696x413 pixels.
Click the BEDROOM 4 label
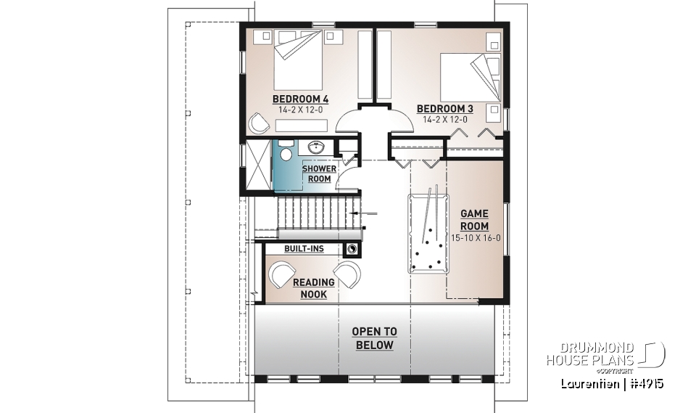click(x=300, y=99)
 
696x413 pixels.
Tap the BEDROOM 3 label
click(x=444, y=109)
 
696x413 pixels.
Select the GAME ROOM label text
click(x=475, y=220)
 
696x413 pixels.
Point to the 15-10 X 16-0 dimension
click(x=475, y=237)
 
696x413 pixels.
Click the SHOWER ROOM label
click(x=319, y=173)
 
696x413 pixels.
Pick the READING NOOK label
click(x=313, y=288)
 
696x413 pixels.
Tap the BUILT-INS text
click(x=303, y=249)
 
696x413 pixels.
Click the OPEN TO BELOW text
click(x=373, y=338)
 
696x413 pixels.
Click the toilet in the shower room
click(x=286, y=155)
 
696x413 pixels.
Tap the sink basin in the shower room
click(x=316, y=147)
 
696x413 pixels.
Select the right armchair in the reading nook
click(x=348, y=274)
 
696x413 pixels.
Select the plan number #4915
click(x=647, y=383)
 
